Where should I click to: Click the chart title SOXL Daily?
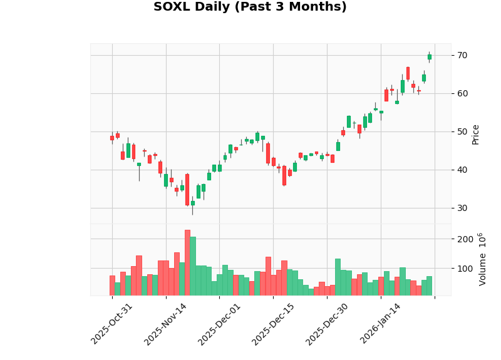click(250, 8)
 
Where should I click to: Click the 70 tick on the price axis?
click(462, 56)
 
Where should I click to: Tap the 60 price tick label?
click(462, 94)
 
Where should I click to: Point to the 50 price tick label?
click(462, 132)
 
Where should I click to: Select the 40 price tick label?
click(462, 170)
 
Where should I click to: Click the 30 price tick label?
click(462, 208)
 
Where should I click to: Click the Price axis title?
click(476, 134)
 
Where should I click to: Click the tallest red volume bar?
click(187, 263)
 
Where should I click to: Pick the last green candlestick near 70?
click(429, 57)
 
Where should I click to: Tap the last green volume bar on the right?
click(429, 286)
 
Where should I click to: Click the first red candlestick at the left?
click(112, 138)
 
